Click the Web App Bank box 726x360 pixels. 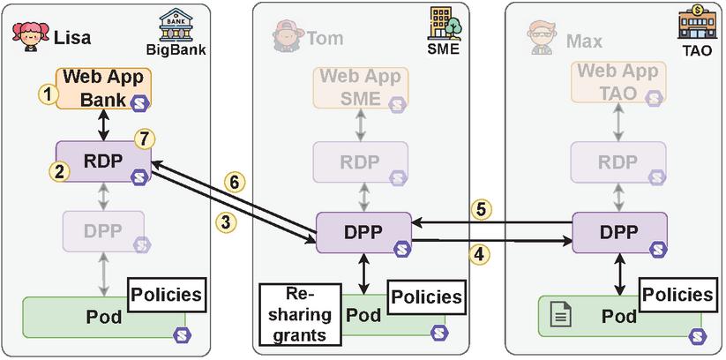pos(103,87)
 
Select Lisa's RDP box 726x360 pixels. pos(103,162)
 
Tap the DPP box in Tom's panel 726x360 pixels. pos(363,233)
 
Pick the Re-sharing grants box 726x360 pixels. pos(296,314)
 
